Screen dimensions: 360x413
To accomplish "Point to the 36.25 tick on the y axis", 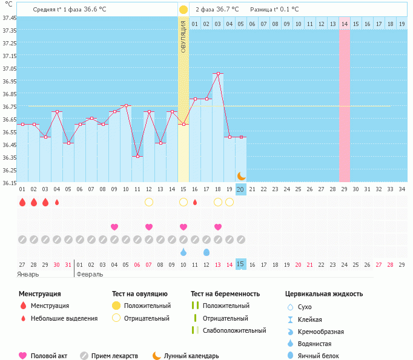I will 9,170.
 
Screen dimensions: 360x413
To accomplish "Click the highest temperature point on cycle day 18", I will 218,74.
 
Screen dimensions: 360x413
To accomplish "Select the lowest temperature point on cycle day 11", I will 137,156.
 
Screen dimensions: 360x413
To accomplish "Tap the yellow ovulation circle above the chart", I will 183,10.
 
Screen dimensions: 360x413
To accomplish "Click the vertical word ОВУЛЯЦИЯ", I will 183,36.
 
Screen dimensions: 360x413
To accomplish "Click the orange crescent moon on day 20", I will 241,175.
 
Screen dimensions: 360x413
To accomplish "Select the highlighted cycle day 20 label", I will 240,189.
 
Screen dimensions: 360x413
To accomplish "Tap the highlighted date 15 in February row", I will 240,264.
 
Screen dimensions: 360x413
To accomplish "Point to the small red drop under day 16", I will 195,202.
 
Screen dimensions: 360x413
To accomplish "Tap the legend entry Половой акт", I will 48,356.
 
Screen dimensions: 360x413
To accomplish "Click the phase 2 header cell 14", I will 344,24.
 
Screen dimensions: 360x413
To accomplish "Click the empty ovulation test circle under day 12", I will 149,202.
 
